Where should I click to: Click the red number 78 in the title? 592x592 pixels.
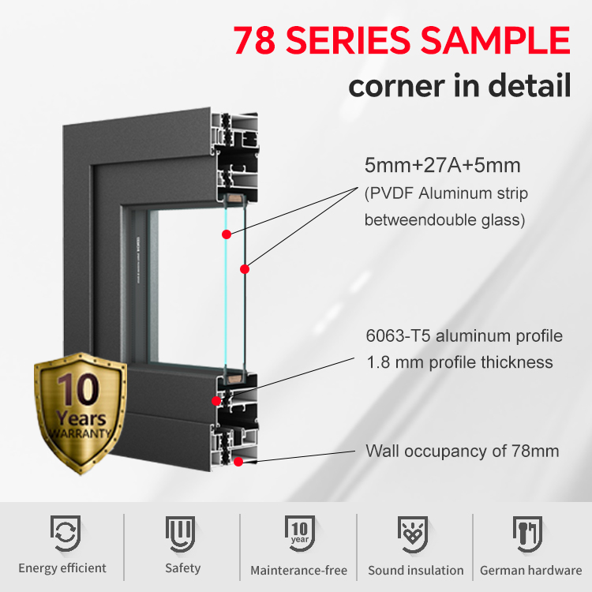coord(254,40)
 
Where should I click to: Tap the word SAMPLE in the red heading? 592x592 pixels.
coord(495,40)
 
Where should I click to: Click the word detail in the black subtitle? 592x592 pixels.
coord(530,85)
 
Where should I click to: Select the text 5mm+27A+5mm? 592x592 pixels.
coord(443,166)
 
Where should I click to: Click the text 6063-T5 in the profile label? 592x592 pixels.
coord(398,335)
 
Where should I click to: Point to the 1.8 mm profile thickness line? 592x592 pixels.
coord(460,362)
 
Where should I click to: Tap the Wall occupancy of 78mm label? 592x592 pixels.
coord(463,451)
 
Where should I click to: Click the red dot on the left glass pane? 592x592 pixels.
coord(227,234)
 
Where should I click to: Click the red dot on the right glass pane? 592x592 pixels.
coord(245,269)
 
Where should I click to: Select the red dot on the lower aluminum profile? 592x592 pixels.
coord(216,400)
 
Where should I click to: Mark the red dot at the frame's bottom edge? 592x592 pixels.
coord(238,462)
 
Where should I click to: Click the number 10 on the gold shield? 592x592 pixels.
coord(78,389)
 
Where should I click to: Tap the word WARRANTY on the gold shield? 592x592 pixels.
coord(79,433)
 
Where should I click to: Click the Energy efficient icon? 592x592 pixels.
coord(66,533)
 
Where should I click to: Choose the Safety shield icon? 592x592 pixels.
coord(181,534)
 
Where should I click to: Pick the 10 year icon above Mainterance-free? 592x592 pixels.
coord(300,533)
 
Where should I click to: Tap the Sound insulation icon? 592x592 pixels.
coord(413,534)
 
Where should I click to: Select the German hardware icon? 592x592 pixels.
coord(527,534)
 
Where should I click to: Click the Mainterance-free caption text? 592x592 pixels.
coord(298,570)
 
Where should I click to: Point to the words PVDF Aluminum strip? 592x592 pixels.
coord(448,193)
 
